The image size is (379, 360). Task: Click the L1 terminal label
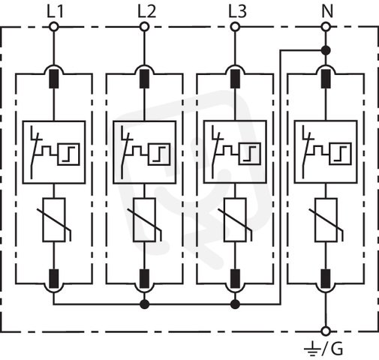click(x=56, y=11)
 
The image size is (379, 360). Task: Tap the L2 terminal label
click(x=146, y=11)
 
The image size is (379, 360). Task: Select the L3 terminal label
click(x=238, y=11)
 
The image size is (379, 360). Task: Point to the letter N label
click(x=327, y=11)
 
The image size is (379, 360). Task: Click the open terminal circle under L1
click(x=54, y=27)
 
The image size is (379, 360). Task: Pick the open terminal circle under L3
click(x=235, y=27)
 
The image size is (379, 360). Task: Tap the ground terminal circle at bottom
click(x=326, y=331)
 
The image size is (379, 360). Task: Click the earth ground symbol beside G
click(x=311, y=349)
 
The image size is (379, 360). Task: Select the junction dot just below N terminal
click(x=326, y=51)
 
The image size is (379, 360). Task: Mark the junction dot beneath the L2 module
click(x=144, y=304)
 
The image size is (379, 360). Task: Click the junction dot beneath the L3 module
click(x=235, y=304)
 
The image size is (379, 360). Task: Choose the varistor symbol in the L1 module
click(x=54, y=220)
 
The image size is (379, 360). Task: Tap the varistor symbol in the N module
click(x=326, y=220)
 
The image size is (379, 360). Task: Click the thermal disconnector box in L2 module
click(x=145, y=152)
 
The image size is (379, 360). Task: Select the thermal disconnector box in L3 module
click(x=235, y=152)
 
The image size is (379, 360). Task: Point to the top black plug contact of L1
click(x=54, y=79)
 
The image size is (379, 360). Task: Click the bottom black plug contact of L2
click(x=144, y=279)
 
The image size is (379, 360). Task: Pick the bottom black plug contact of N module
click(x=326, y=279)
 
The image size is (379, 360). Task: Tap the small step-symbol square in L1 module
click(x=68, y=154)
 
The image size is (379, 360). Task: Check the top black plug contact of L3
click(x=235, y=79)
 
